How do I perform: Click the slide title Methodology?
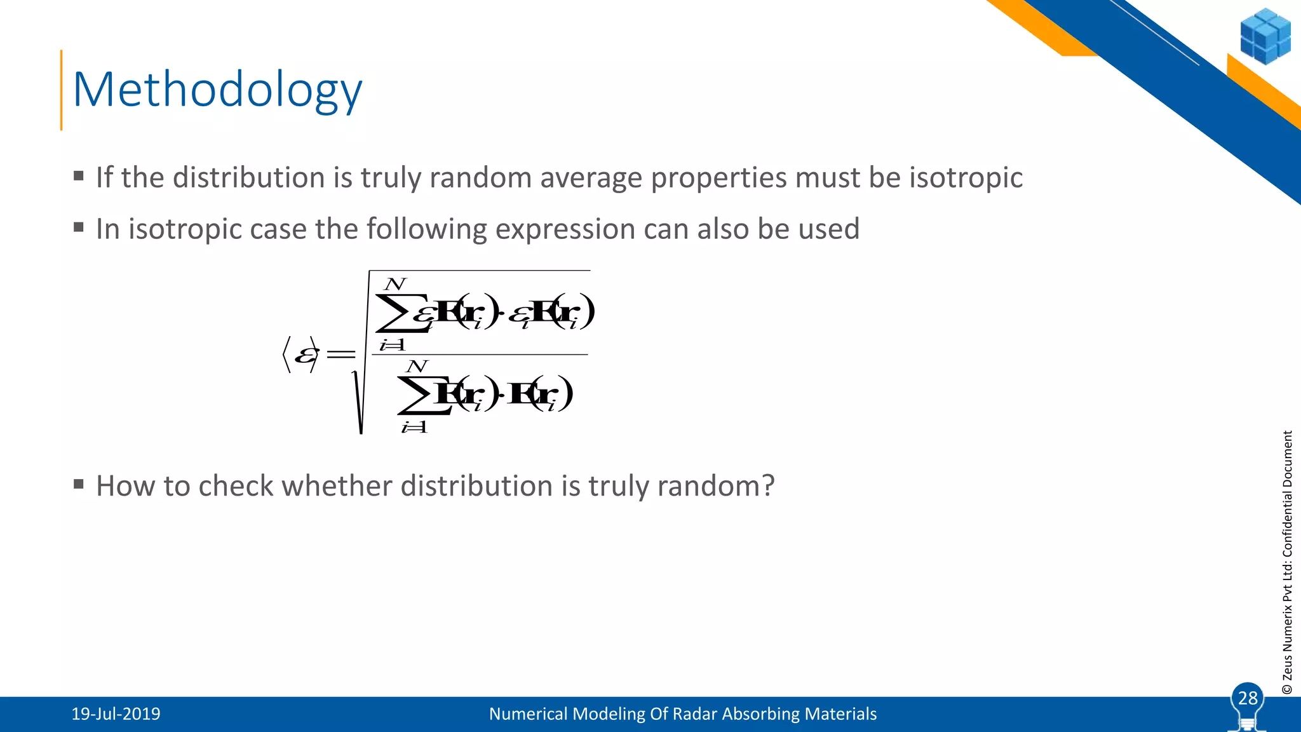[217, 91]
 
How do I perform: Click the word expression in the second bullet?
[565, 229]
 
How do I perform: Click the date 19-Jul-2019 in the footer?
[116, 714]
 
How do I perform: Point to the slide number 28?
[1248, 698]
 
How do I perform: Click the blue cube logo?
[1265, 36]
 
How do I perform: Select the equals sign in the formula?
[340, 354]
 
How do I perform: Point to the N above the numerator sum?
[395, 284]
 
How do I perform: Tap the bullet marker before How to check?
[79, 485]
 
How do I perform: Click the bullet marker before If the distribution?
[79, 176]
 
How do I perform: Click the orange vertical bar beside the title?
[61, 90]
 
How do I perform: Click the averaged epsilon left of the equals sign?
[305, 354]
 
